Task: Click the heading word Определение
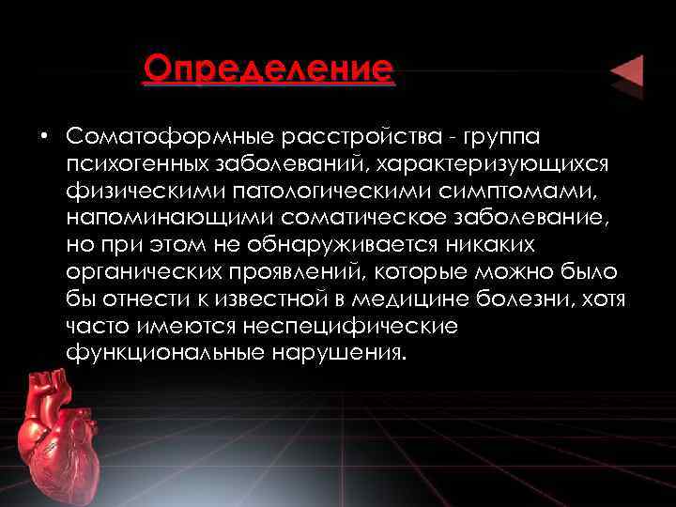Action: point(269,69)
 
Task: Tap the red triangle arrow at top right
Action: point(626,73)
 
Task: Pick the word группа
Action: point(500,137)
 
